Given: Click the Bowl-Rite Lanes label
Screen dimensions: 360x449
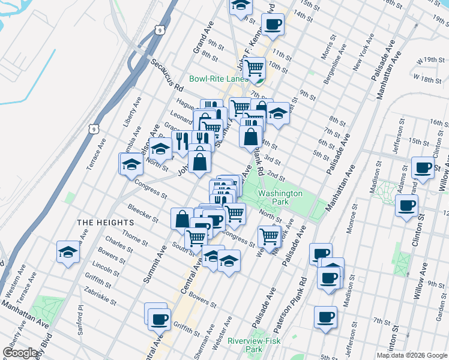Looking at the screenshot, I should [x=218, y=79].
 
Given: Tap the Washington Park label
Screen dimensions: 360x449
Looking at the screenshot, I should [x=280, y=197].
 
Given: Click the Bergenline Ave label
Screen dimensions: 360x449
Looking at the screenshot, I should [x=344, y=60].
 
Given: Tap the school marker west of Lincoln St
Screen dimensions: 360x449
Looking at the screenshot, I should [x=68, y=252].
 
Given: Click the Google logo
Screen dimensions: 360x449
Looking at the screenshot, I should [x=20, y=352].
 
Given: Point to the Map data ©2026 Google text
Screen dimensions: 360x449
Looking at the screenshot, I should [x=411, y=355].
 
